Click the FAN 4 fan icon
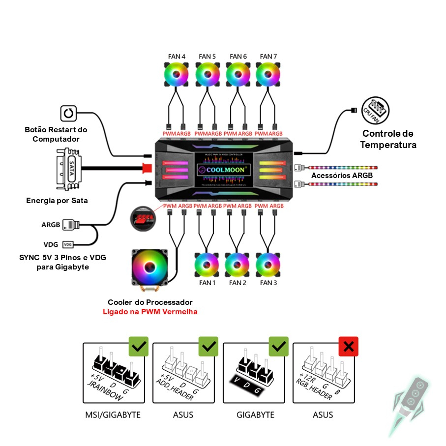click(177, 75)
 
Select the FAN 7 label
click(268, 57)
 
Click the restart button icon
click(68, 114)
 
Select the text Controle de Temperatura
click(388, 139)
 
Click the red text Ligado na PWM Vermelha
click(149, 312)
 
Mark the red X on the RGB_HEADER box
click(349, 347)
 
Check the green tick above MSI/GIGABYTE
click(138, 347)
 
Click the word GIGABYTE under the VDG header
click(255, 415)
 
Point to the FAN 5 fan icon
click(207, 75)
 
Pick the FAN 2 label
click(238, 283)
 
